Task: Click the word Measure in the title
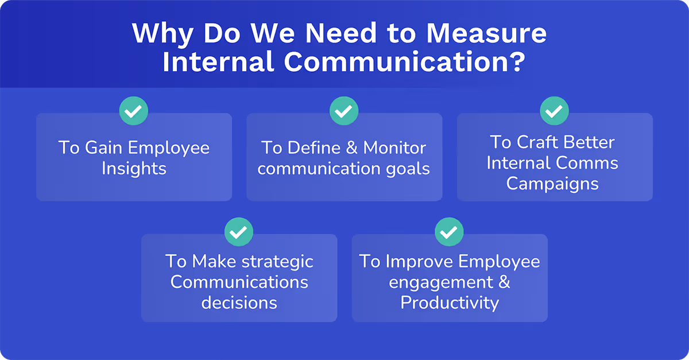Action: [486, 34]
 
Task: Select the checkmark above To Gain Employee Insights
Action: [134, 111]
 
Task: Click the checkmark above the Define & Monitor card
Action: [344, 111]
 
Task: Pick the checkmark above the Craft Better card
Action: [554, 111]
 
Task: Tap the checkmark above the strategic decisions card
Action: [239, 232]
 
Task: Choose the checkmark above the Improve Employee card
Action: [449, 232]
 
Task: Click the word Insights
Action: [134, 169]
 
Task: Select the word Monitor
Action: [394, 148]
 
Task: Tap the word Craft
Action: [538, 142]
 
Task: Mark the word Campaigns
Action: [552, 183]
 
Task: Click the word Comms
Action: [591, 162]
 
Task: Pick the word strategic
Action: [277, 261]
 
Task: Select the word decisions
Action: [239, 303]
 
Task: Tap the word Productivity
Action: [450, 303]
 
